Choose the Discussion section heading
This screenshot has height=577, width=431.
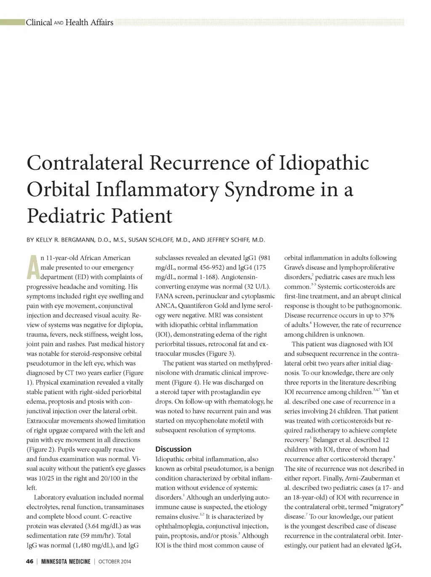173,449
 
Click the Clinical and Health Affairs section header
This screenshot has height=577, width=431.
69,22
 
